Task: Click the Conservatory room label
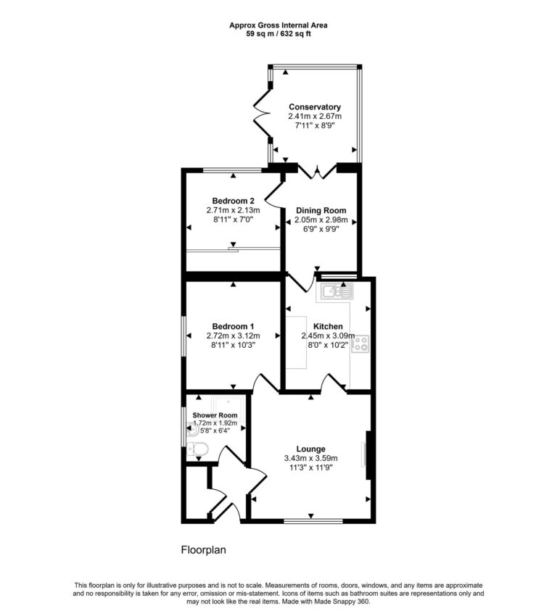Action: coord(315,107)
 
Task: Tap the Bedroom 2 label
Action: coord(233,201)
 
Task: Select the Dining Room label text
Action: coord(321,211)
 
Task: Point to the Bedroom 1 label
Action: coord(233,326)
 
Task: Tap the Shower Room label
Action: coord(215,415)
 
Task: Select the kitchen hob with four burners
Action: coord(360,345)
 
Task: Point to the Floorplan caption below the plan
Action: coord(203,550)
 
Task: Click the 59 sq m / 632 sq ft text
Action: coord(278,33)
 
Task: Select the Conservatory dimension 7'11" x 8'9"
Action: coord(315,126)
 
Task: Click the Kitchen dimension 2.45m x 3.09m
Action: coord(329,336)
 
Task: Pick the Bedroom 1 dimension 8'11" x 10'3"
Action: coord(233,345)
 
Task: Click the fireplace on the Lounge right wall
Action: coord(369,454)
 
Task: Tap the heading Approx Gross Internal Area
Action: coord(278,25)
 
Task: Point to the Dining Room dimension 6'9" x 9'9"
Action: coord(321,229)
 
